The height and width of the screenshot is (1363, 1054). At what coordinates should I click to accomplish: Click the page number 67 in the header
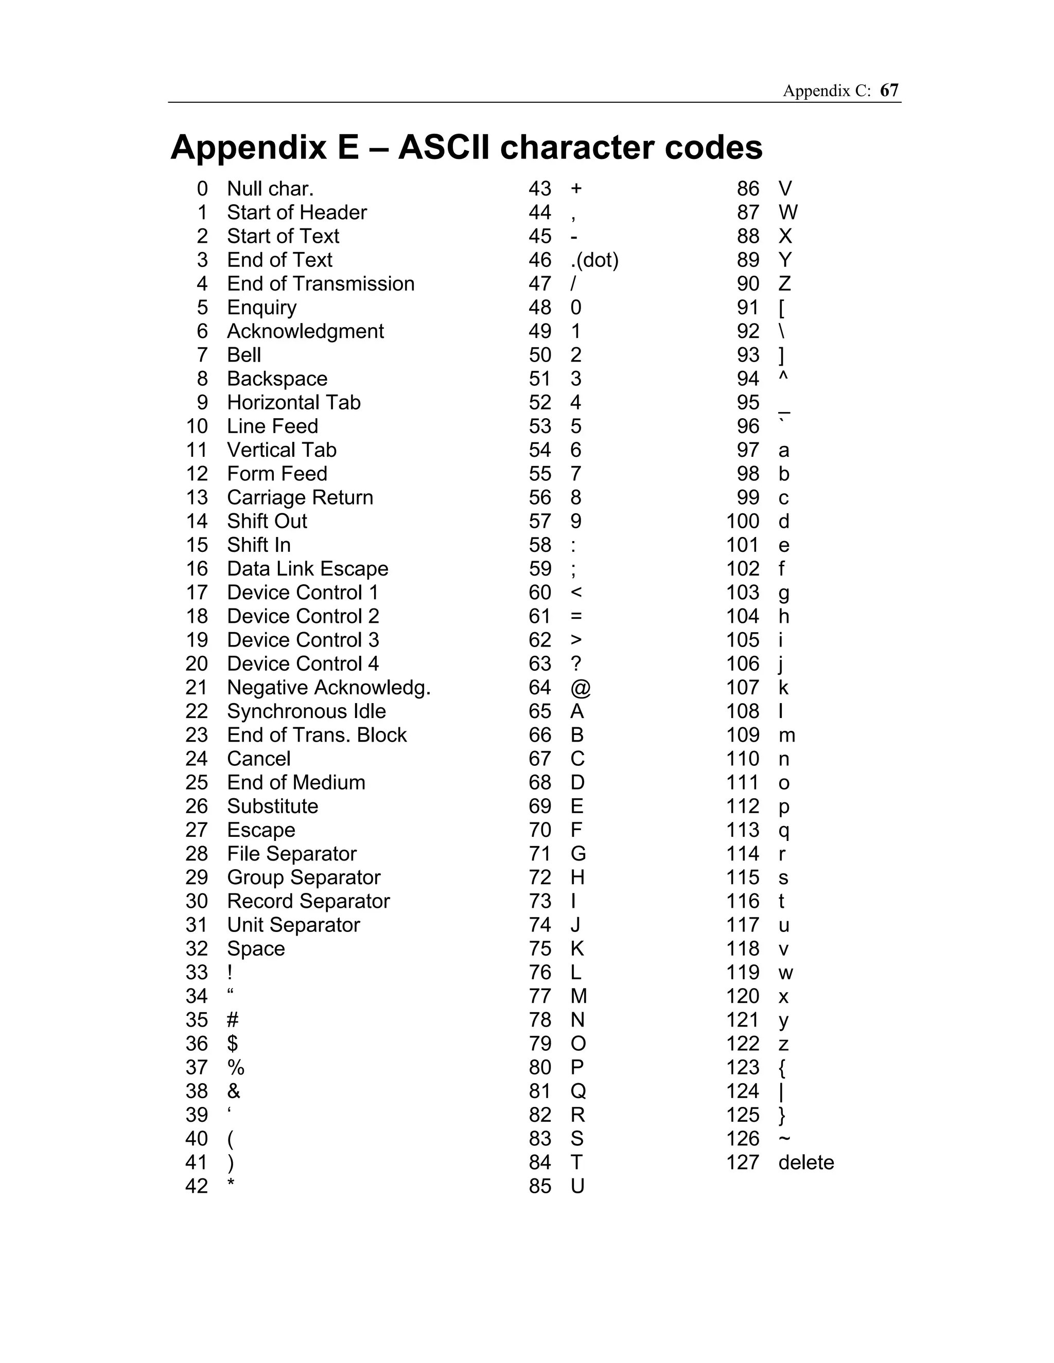pos(889,91)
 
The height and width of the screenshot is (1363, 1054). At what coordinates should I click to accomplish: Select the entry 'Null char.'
pos(270,188)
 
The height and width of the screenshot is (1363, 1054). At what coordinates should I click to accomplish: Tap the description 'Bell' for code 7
pos(243,354)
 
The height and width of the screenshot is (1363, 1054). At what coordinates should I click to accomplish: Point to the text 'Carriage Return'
pos(300,497)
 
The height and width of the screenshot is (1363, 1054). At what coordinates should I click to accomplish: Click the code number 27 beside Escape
pos(197,830)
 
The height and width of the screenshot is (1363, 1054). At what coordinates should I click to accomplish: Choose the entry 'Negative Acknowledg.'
pos(328,687)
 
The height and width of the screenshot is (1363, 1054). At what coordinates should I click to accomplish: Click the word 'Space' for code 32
pos(255,948)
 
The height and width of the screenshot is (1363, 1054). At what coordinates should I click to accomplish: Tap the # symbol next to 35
pos(232,1020)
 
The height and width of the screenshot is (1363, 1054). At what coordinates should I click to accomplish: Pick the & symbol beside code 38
pos(234,1091)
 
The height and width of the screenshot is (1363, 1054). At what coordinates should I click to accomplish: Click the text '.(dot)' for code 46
pos(594,260)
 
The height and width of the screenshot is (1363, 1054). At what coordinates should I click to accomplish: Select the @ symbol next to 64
pos(580,688)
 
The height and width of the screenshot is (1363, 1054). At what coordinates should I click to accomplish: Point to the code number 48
pos(539,307)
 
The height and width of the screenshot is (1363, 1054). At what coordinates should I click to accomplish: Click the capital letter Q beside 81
pos(578,1091)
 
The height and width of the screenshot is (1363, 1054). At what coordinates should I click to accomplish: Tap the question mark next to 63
pos(576,663)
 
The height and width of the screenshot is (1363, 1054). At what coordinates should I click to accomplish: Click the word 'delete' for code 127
pos(805,1162)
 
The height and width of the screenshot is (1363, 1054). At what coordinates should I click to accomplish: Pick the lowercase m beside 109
pos(786,735)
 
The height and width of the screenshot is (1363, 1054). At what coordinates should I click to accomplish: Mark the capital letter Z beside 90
pos(784,283)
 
